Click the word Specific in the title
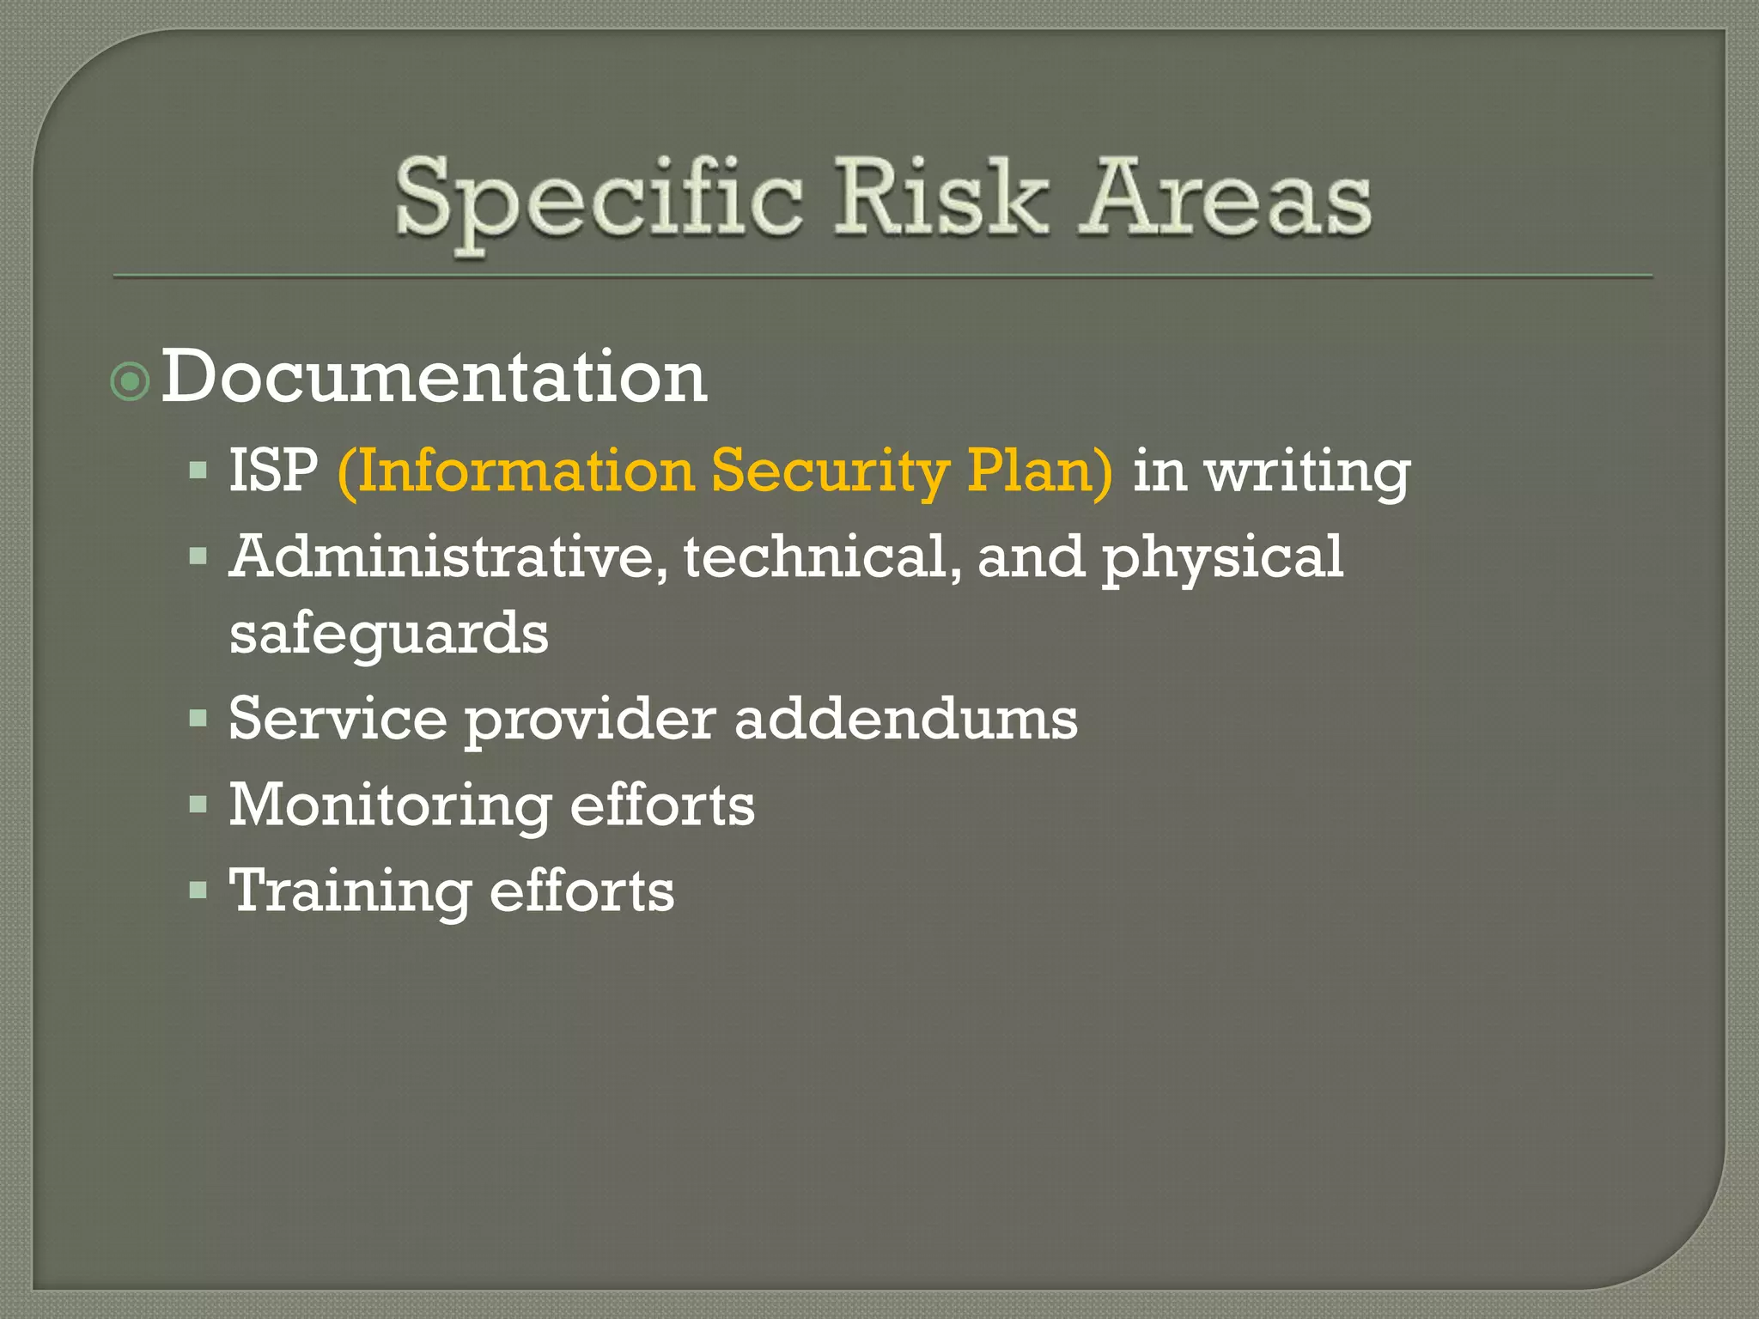tap(599, 199)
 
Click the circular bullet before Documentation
tap(131, 381)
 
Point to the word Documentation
tap(434, 377)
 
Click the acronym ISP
tap(273, 471)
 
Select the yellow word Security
tap(830, 472)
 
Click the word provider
tap(590, 720)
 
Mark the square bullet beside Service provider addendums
tap(198, 718)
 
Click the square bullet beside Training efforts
tap(198, 890)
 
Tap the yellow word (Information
tap(515, 472)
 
